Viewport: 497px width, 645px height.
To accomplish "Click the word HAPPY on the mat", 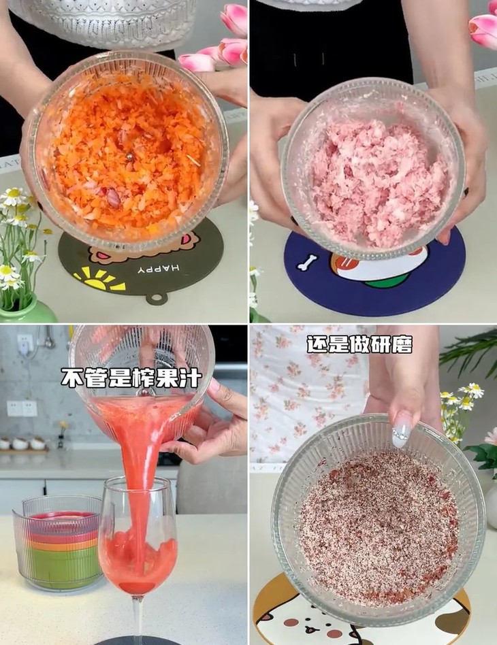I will pyautogui.click(x=157, y=269).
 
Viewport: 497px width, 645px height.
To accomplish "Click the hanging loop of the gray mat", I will pyautogui.click(x=157, y=298).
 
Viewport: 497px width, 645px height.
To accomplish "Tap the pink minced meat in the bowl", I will pyautogui.click(x=378, y=180).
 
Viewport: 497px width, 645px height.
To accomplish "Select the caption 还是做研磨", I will pyautogui.click(x=359, y=344).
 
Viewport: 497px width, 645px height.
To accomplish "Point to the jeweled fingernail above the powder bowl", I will pyautogui.click(x=402, y=431).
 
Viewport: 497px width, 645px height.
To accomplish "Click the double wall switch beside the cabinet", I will pyautogui.click(x=21, y=408).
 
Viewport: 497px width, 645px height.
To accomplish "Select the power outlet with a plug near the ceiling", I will pyautogui.click(x=25, y=344).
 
